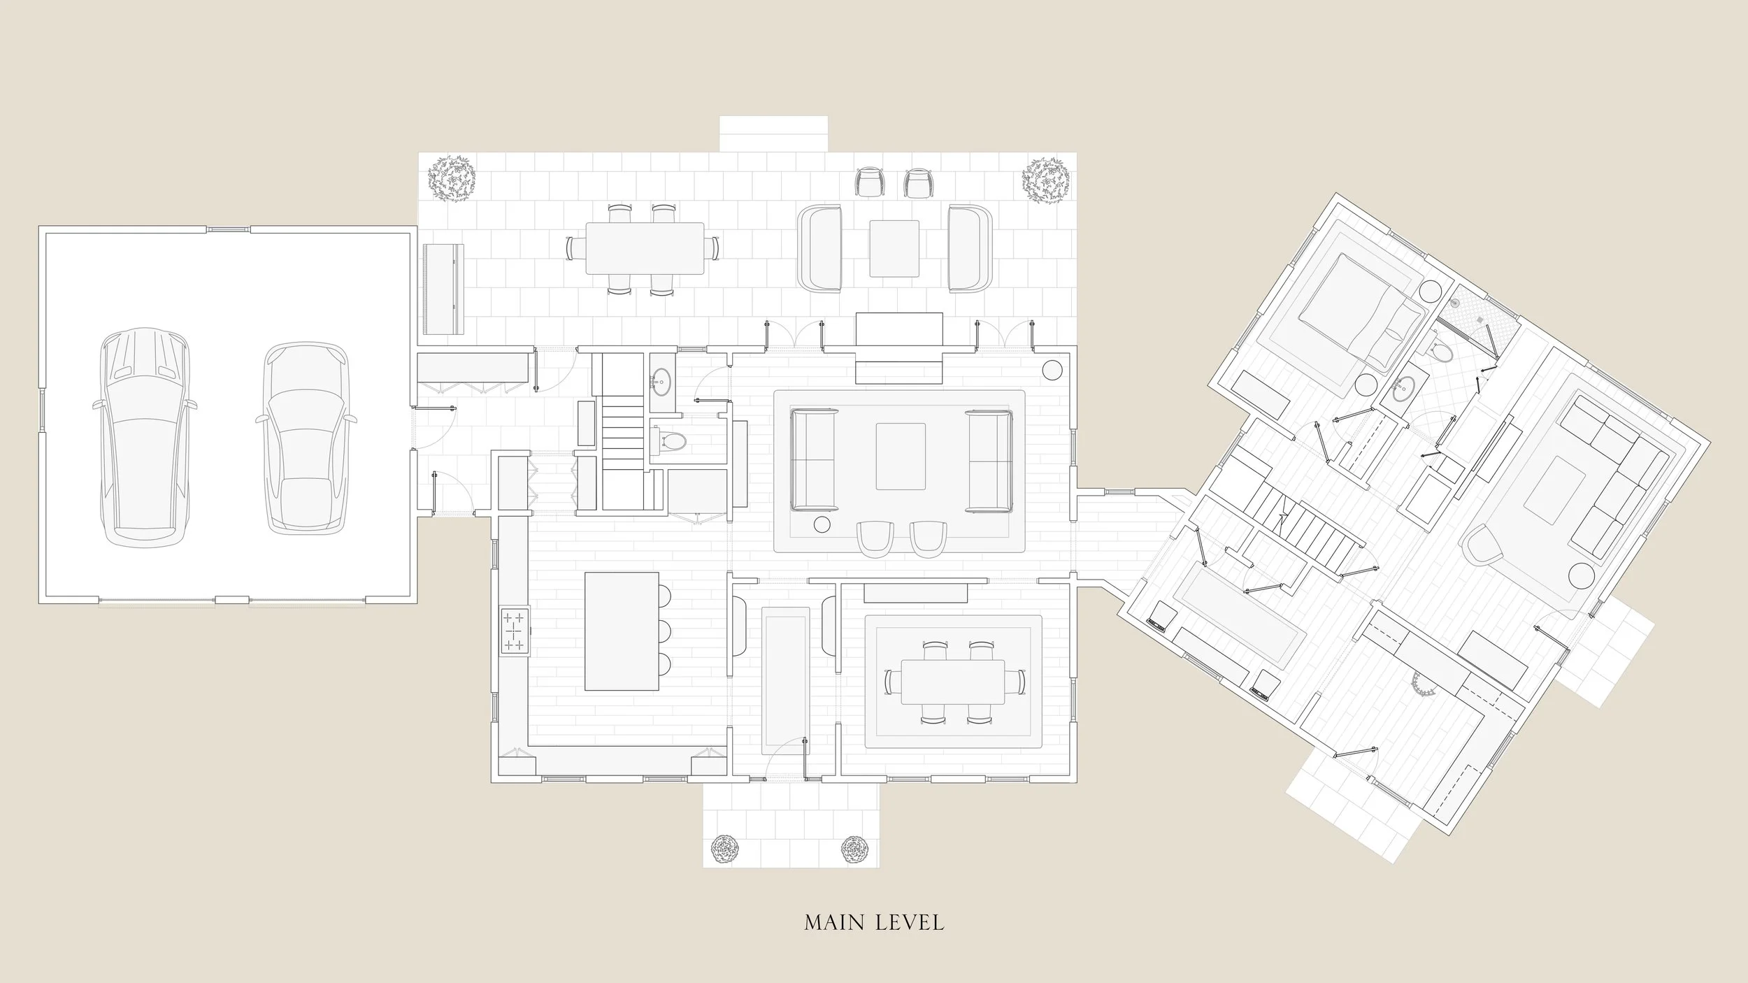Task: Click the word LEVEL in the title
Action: (x=909, y=923)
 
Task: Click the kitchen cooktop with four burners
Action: (x=515, y=631)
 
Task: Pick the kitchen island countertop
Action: (x=622, y=641)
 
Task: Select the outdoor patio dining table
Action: (x=644, y=248)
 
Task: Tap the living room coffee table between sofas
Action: (x=901, y=457)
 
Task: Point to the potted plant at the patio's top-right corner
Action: (x=1046, y=180)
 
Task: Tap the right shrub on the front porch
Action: (x=854, y=849)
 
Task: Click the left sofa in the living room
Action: (x=814, y=459)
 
